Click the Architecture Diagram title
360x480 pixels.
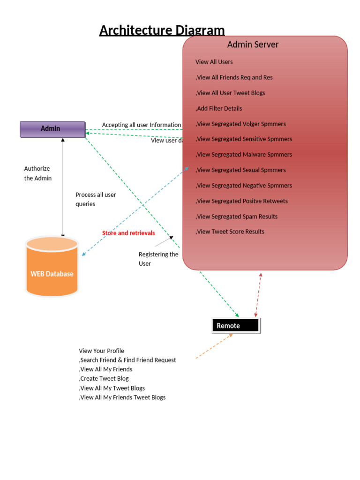coord(162,30)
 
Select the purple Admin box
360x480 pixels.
coord(52,129)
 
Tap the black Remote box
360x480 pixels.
coord(235,326)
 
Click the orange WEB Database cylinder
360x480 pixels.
coord(52,270)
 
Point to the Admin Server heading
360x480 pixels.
coord(253,45)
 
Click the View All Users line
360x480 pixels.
coord(214,62)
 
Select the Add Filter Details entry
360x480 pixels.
coord(219,108)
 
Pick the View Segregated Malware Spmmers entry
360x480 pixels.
coord(244,155)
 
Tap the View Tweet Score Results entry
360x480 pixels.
coord(230,232)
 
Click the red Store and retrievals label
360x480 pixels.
coord(128,233)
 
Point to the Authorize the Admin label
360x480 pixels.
coord(38,173)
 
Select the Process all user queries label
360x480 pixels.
coord(96,199)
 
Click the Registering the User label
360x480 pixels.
coord(158,259)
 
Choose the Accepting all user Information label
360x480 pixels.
coord(141,125)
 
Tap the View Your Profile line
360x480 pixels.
coord(101,351)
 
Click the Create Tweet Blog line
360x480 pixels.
coord(104,378)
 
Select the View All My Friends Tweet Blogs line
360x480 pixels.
coord(122,397)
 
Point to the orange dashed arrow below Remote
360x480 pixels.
coord(214,346)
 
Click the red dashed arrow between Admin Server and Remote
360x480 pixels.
coord(258,295)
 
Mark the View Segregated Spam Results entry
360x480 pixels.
coord(237,217)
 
